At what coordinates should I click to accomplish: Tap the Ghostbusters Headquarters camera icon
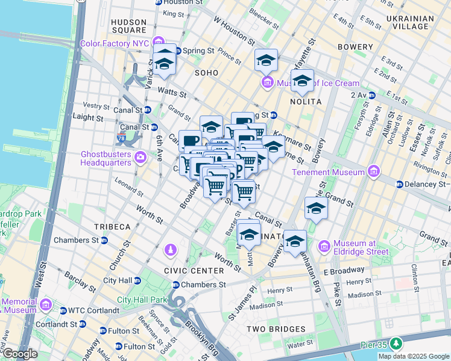pos(140,158)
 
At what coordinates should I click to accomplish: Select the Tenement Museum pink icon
pos(374,172)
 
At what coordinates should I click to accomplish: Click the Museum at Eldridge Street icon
pos(324,245)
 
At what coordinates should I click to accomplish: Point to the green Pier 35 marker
pos(396,344)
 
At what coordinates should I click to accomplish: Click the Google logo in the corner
pos(19,354)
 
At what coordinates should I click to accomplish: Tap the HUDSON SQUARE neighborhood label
pos(128,26)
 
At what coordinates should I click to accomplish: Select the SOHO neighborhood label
pos(206,73)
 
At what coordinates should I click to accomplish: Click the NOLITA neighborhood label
pos(305,102)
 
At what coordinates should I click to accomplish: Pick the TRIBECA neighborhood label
pos(112,227)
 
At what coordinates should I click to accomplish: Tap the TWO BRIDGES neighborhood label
pos(276,329)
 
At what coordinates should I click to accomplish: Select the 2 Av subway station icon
pos(372,95)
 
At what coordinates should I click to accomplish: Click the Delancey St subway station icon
pos(399,184)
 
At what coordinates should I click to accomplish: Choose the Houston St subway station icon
pos(158,2)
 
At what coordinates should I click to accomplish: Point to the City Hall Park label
pos(141,300)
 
